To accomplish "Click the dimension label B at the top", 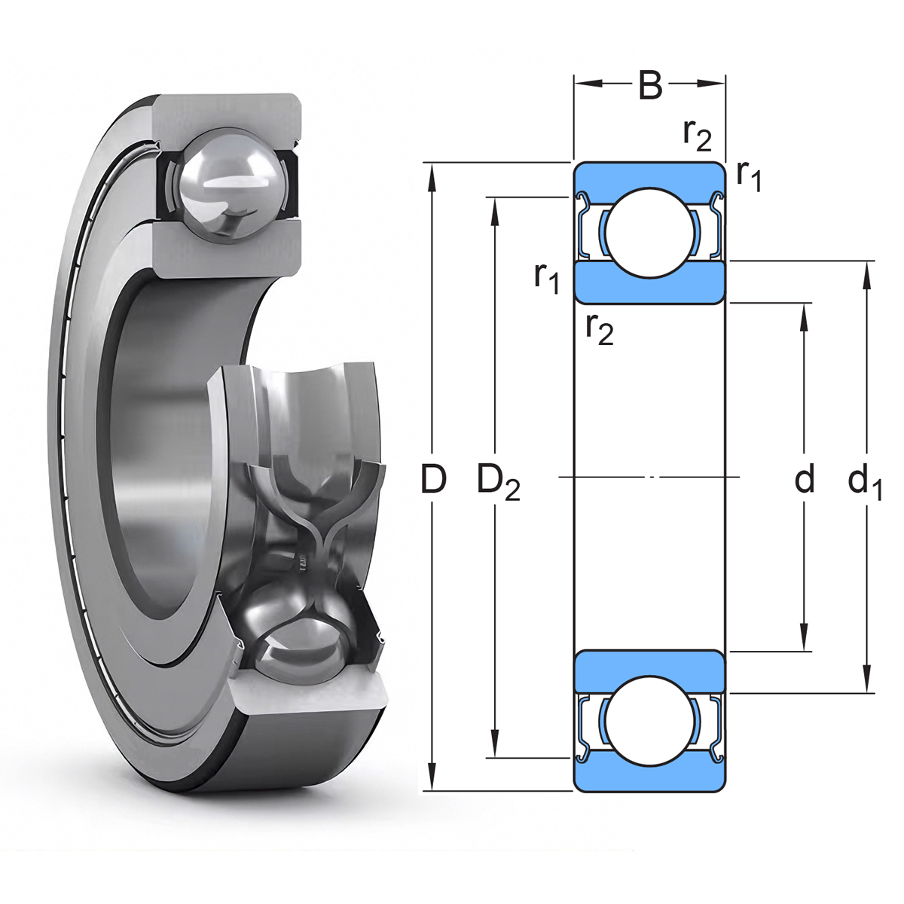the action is coord(650,85).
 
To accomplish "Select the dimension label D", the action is coord(433,479).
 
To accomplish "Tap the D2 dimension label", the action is coord(498,481).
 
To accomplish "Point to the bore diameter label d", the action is coord(805,478).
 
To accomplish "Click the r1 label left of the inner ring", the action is coord(546,280).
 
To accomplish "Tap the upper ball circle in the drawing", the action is coord(650,231).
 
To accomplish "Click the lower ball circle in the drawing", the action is coord(650,721).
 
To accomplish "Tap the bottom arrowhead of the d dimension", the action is coord(805,637).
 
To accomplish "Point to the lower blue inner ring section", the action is coord(650,670).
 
